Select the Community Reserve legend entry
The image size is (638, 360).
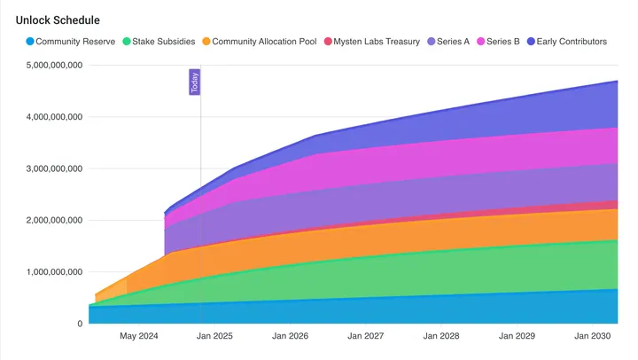pos(75,42)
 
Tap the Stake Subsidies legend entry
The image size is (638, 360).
pos(164,42)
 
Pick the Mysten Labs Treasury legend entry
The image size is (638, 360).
pos(377,42)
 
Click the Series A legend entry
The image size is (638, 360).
pos(455,42)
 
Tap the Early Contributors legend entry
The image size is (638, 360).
pos(572,42)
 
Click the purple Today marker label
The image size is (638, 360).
pos(194,82)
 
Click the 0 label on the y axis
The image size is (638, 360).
pos(80,324)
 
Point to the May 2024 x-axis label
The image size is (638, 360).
pos(139,337)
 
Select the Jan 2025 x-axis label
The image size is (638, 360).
pos(214,337)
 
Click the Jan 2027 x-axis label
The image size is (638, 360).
pos(365,337)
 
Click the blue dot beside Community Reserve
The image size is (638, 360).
pos(30,42)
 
